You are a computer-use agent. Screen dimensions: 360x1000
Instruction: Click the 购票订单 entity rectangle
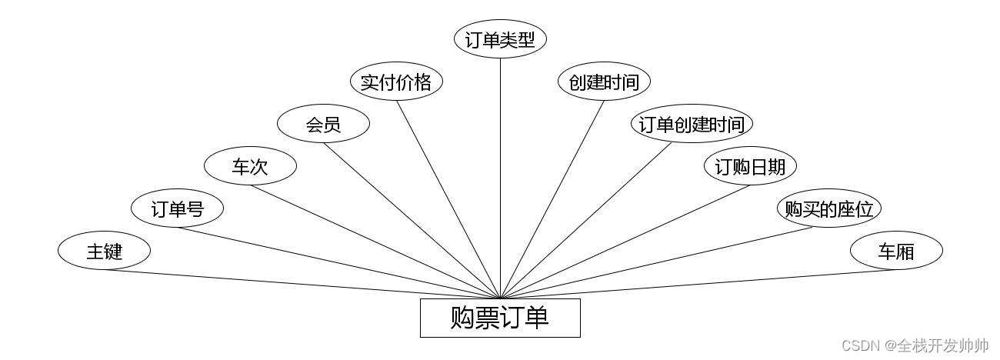tap(500, 318)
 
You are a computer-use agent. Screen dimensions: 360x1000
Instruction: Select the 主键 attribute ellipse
tap(104, 251)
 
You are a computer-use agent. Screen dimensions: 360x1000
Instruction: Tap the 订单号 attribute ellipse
tap(177, 208)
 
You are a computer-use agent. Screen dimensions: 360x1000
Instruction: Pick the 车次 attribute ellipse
tap(250, 166)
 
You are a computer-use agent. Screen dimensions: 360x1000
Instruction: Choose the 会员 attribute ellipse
tap(323, 124)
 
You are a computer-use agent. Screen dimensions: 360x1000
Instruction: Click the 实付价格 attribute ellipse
tap(396, 82)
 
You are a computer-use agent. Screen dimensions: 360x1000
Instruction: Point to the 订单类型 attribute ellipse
tap(500, 39)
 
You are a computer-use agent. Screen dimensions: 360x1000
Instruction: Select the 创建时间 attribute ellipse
tap(604, 82)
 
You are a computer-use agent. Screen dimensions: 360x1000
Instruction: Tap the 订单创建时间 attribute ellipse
tap(692, 124)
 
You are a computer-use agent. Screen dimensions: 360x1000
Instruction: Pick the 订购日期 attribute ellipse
tap(750, 166)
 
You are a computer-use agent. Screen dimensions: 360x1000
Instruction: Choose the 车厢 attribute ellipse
tap(896, 251)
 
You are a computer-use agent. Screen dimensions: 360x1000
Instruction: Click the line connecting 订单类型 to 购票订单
tap(500, 177)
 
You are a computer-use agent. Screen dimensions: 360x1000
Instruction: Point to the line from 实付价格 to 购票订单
tap(448, 199)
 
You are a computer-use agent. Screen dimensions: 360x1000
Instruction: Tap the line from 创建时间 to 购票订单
tap(552, 199)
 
